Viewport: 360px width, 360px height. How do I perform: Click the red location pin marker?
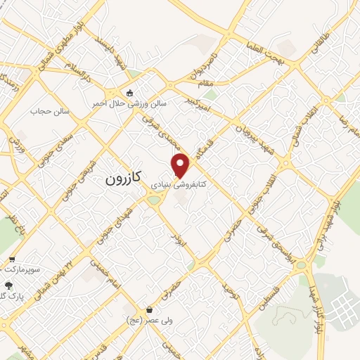pyautogui.click(x=181, y=165)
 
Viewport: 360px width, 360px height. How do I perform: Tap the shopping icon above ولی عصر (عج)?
pyautogui.click(x=148, y=309)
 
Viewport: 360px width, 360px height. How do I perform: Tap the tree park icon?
pyautogui.click(x=9, y=285)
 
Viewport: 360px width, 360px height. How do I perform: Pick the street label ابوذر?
pyautogui.click(x=182, y=240)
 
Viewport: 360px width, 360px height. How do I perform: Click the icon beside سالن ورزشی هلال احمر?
pyautogui.click(x=129, y=93)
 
